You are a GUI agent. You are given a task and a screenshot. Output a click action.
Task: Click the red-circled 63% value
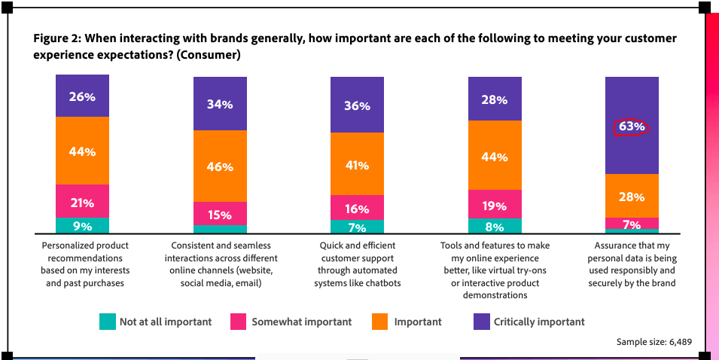[x=632, y=127]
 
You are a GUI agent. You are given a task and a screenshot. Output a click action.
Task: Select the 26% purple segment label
[x=82, y=96]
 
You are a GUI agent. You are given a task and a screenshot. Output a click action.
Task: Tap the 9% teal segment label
[x=82, y=226]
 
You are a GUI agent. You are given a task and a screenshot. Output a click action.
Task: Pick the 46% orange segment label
[x=220, y=166]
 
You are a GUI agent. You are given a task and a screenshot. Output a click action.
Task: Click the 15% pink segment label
[x=220, y=215]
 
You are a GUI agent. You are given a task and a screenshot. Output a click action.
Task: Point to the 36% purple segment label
[x=357, y=106]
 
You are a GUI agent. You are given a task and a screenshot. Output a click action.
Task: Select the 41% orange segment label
[x=357, y=166]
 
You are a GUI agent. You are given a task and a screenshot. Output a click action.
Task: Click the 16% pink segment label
[x=357, y=209]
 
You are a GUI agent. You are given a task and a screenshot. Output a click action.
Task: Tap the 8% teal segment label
[x=495, y=226]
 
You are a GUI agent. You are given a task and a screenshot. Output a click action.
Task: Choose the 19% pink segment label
[x=495, y=205]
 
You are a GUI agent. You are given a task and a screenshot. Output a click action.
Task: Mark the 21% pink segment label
[x=82, y=203]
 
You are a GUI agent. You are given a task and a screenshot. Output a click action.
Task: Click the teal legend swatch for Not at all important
[x=107, y=322]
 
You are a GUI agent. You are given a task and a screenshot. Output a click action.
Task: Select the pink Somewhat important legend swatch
[x=239, y=322]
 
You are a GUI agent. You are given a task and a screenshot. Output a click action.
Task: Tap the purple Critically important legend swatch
[x=481, y=322]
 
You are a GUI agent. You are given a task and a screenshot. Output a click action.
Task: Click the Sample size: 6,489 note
[x=653, y=342]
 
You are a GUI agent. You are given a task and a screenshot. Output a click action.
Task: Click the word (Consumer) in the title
[x=215, y=55]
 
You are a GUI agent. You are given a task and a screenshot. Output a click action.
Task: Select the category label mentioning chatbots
[x=357, y=264]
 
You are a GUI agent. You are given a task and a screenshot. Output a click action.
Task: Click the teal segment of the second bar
[x=220, y=230]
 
